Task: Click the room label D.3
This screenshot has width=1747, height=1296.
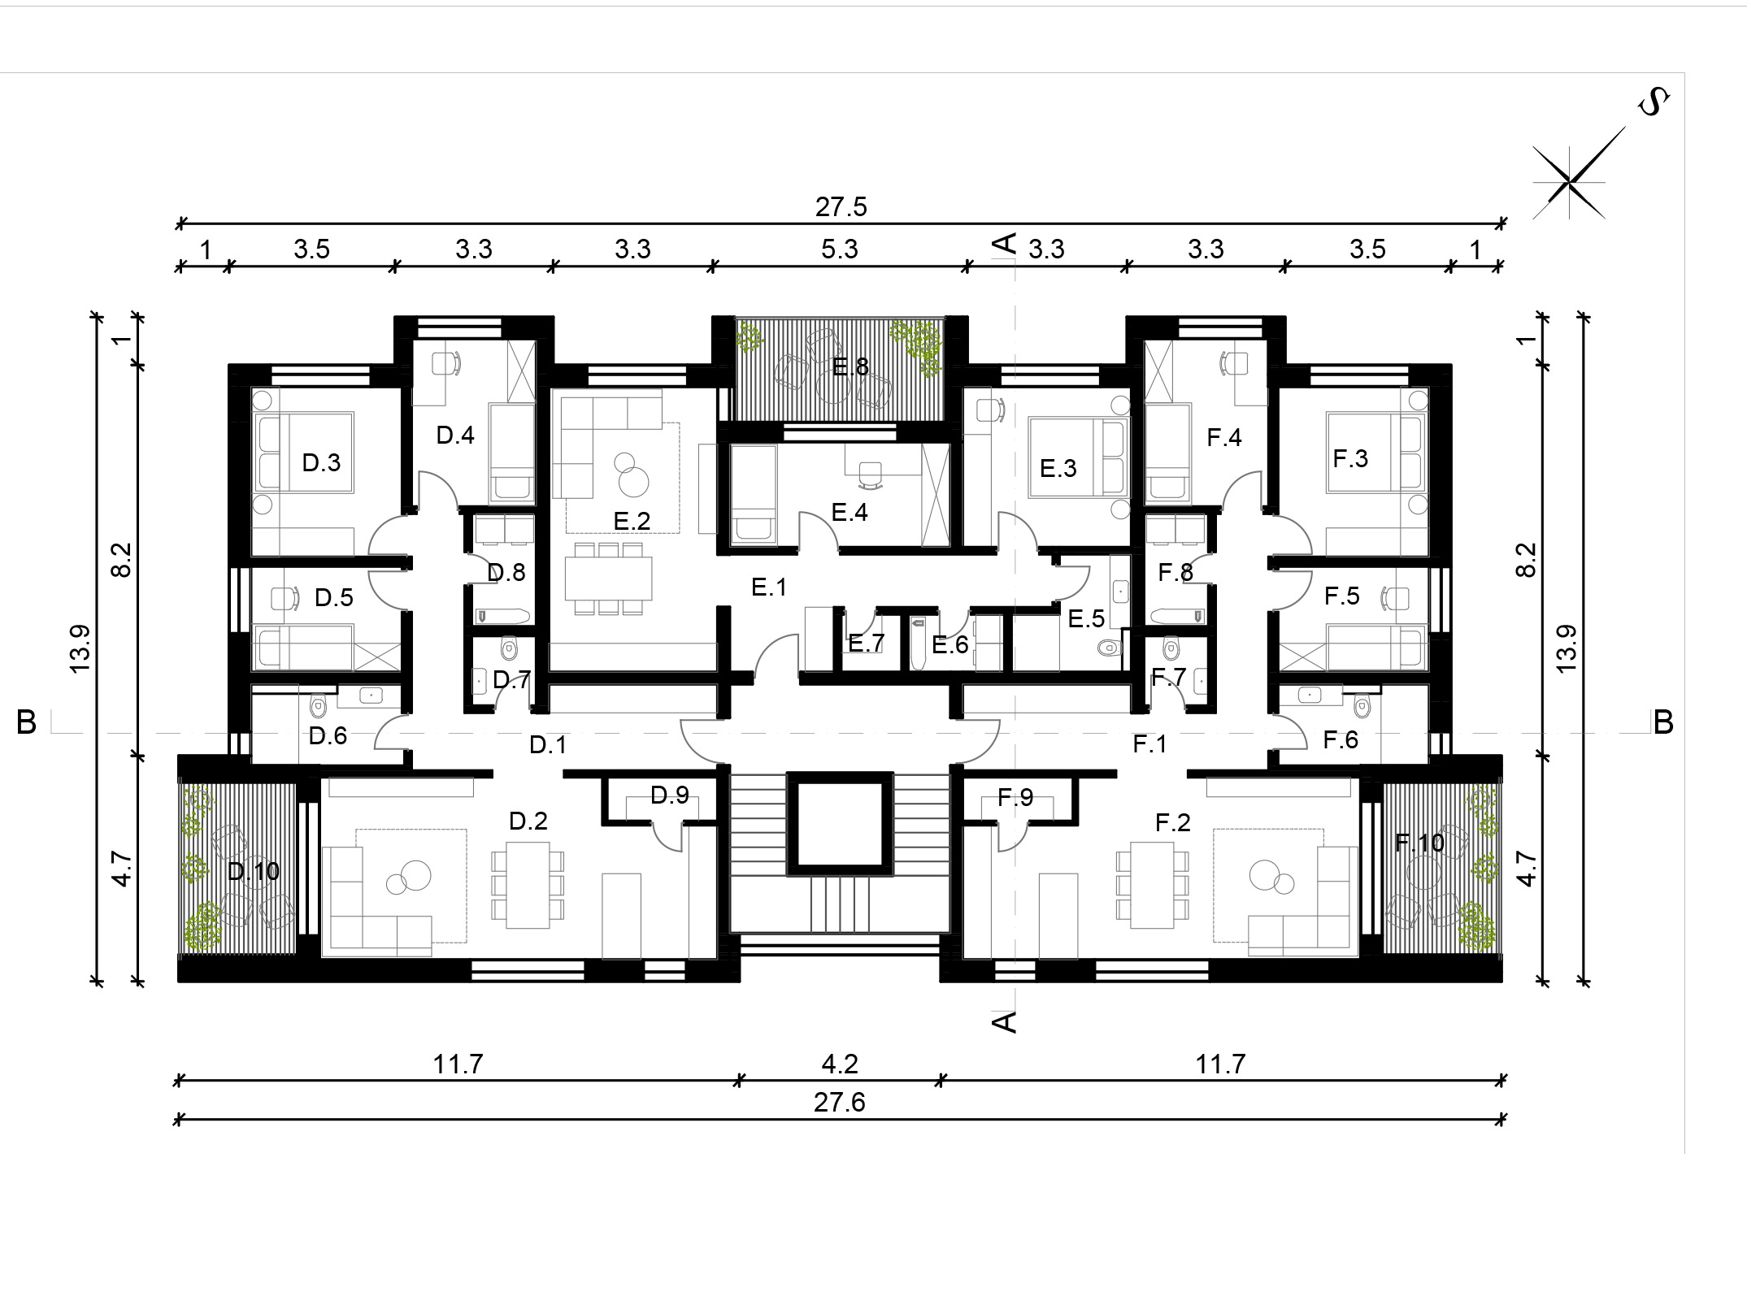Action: [x=321, y=462]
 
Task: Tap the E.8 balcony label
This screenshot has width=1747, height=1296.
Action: [x=850, y=367]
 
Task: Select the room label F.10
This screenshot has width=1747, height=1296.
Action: [x=1419, y=843]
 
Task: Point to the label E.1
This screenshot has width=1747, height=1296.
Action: [x=769, y=587]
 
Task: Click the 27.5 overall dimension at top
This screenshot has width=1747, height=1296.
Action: [x=841, y=206]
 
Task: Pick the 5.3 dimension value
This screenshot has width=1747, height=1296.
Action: [x=839, y=249]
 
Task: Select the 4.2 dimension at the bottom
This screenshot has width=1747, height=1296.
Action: [x=840, y=1064]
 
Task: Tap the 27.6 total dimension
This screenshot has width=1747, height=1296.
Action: [x=840, y=1103]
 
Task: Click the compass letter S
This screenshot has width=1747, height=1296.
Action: [x=1653, y=103]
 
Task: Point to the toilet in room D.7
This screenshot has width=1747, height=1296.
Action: [x=510, y=648]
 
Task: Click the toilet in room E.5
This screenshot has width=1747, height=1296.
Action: [x=1109, y=648]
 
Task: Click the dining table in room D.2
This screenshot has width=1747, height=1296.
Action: [x=528, y=885]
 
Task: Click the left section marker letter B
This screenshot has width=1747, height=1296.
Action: [x=26, y=722]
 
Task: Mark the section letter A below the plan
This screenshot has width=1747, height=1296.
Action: [x=1006, y=1022]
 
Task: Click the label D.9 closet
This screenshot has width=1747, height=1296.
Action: [x=670, y=795]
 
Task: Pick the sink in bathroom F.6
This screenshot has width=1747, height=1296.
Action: [x=1309, y=696]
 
